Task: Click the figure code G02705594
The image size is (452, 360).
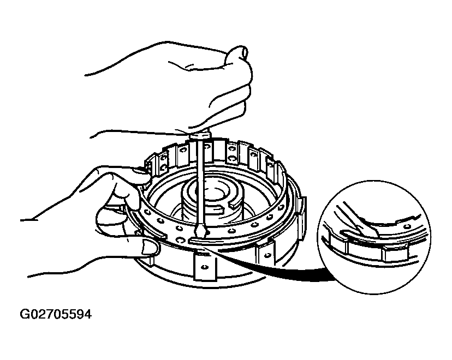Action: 56,314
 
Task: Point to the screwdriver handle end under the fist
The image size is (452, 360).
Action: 200,135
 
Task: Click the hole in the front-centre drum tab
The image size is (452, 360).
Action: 204,267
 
